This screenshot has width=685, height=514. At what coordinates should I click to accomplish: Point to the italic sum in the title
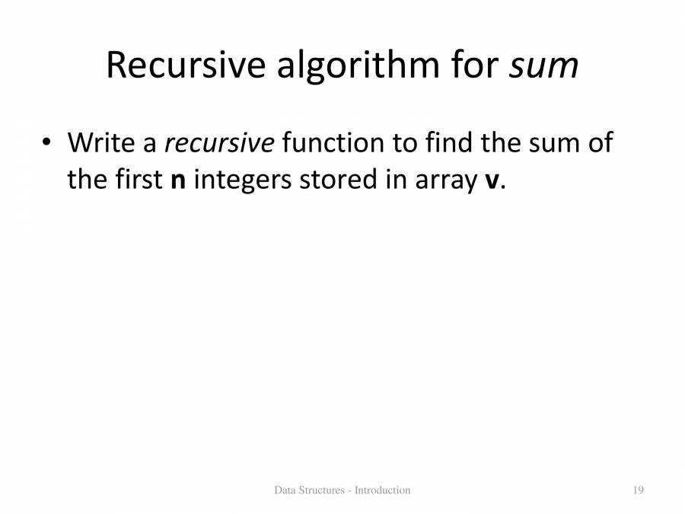(x=543, y=67)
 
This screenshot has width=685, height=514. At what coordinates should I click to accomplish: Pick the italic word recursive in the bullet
(x=219, y=142)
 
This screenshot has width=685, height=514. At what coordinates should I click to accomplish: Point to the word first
(x=139, y=180)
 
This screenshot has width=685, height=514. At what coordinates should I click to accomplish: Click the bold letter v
(x=491, y=182)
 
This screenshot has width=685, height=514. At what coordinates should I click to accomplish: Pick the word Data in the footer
(x=285, y=490)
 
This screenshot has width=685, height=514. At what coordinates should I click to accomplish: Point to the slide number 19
(x=638, y=490)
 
